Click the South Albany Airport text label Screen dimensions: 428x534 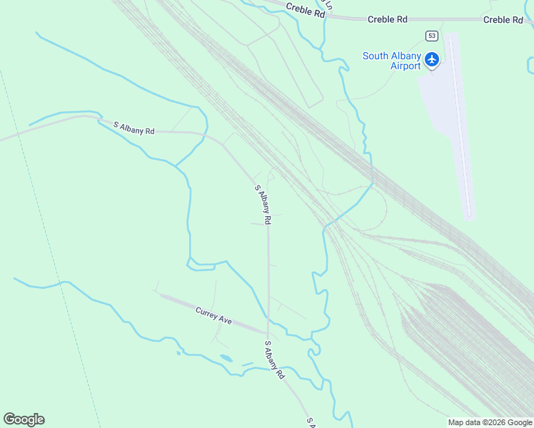click(x=391, y=61)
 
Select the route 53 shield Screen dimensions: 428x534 click(x=432, y=35)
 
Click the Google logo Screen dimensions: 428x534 click(x=24, y=419)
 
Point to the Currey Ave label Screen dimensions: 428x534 click(x=214, y=315)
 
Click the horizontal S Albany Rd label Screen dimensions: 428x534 click(x=134, y=127)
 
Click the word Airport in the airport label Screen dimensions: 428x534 click(x=406, y=66)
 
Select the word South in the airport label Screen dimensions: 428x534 click(x=376, y=56)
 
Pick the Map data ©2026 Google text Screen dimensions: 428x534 click(x=490, y=422)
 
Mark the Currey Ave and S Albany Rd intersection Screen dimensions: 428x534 click(x=268, y=334)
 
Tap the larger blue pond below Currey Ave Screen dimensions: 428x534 click(x=226, y=358)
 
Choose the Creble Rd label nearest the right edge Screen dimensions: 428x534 click(x=503, y=19)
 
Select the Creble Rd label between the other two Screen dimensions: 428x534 click(x=387, y=19)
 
